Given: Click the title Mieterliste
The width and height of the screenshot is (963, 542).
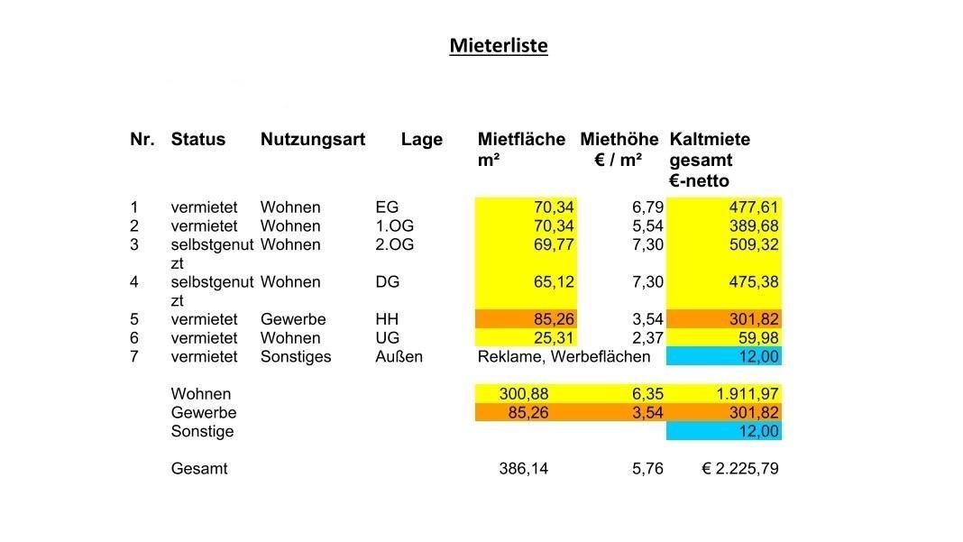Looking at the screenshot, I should (498, 45).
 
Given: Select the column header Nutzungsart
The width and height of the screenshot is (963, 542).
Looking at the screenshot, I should (312, 140).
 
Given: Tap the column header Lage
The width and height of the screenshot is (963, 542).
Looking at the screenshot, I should (422, 140).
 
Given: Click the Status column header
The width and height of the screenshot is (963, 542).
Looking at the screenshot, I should (197, 140).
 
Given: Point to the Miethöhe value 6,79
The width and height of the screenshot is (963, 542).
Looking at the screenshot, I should (647, 207).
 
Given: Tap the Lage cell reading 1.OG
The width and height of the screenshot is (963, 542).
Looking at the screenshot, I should (393, 226).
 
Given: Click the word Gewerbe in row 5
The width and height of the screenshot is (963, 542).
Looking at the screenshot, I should (293, 319).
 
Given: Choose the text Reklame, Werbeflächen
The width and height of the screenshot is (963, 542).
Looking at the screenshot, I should (564, 356).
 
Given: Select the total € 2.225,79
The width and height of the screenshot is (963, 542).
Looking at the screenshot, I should (739, 469).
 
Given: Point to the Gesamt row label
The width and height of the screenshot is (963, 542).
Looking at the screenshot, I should (199, 469).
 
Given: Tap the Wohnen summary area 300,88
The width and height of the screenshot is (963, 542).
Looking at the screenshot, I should (523, 394).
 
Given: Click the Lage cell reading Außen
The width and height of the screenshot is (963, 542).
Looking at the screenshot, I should (399, 356).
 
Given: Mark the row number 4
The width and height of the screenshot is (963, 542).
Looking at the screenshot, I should (134, 282).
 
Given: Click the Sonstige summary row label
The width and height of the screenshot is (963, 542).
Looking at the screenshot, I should (202, 431).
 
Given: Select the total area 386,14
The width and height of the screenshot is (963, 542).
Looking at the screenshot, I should (523, 469).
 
